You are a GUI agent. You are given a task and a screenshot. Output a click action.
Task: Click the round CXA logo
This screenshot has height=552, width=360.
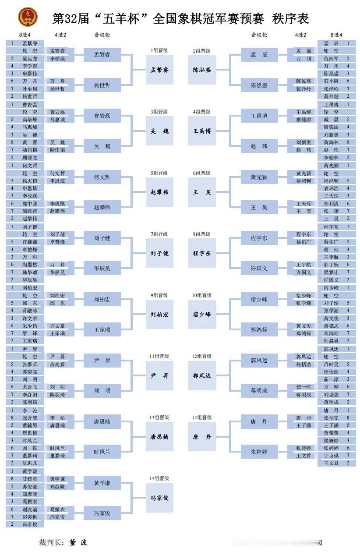tap(27, 17)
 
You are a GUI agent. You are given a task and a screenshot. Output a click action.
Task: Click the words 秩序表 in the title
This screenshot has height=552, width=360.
tap(290, 18)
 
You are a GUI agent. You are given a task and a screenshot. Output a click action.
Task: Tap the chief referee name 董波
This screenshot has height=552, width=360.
tap(78, 542)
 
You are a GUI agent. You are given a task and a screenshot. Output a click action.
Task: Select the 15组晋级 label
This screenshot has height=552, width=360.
tap(159, 479)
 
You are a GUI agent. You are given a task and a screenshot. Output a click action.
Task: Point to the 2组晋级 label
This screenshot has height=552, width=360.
tap(201, 51)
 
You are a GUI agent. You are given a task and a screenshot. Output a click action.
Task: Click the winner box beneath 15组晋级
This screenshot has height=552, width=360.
tap(159, 498)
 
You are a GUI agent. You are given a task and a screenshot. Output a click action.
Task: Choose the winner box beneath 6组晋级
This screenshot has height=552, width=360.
tap(202, 192)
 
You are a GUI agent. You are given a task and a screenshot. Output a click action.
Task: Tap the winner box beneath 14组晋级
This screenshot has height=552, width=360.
tap(202, 437)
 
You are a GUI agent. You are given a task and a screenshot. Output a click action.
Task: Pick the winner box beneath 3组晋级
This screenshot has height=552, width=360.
tap(159, 131)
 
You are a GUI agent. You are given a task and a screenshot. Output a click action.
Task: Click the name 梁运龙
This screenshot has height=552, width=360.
tap(30, 58)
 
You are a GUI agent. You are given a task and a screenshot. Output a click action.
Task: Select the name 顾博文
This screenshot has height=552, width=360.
tap(30, 157)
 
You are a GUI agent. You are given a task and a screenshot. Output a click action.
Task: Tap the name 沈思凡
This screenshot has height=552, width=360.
tap(30, 463)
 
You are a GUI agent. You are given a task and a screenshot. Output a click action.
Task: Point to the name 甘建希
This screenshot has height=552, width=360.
tap(30, 479)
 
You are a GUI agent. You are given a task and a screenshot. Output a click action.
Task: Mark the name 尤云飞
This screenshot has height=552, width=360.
tap(30, 387)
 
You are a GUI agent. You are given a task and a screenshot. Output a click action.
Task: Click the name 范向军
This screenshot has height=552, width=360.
tap(331, 58)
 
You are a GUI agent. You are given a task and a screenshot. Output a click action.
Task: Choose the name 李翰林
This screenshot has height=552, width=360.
tap(331, 157)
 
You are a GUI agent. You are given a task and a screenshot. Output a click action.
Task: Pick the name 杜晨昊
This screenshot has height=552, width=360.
tap(331, 340)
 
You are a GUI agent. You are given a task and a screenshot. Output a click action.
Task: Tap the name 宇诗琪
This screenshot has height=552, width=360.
tap(331, 456)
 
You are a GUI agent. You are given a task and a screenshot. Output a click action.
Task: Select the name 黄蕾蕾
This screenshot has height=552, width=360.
tap(331, 433)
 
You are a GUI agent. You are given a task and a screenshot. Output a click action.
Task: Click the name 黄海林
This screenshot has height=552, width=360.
tap(331, 142)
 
